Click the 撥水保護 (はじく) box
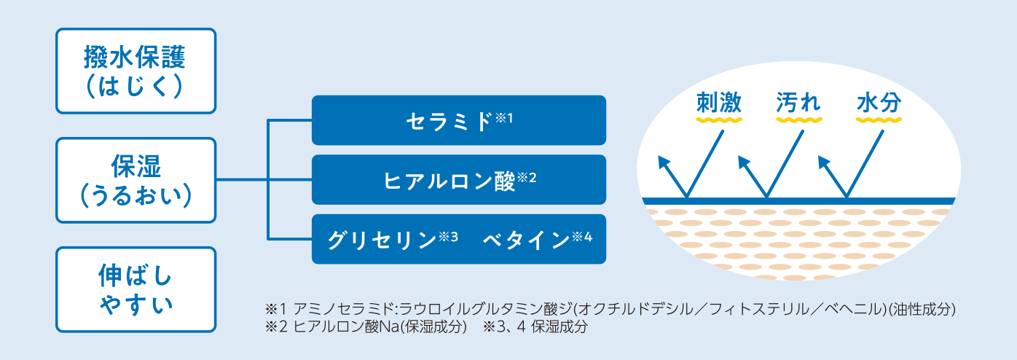[x=136, y=71]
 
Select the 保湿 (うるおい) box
[x=136, y=180]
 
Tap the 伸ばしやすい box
[x=136, y=289]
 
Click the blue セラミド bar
[x=458, y=120]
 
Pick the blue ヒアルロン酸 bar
[x=458, y=180]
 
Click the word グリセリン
[x=382, y=240]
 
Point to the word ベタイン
[x=526, y=240]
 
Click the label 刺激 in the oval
[x=719, y=102]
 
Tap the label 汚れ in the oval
[x=798, y=102]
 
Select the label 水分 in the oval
[x=879, y=102]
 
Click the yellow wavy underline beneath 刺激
[x=719, y=120]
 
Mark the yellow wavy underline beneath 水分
[x=879, y=120]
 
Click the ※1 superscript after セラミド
[x=504, y=118]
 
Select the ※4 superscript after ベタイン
[x=582, y=237]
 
